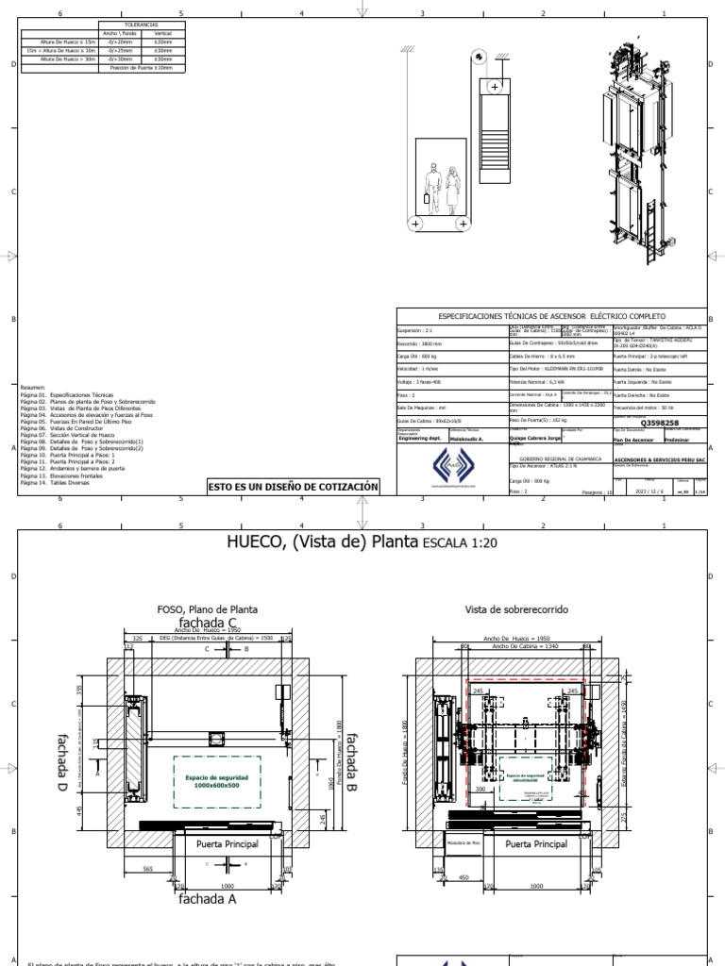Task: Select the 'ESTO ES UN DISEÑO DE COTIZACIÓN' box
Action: (294, 487)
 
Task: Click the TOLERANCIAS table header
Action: (141, 26)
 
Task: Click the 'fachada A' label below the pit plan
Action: (207, 899)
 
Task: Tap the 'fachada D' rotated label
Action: (63, 761)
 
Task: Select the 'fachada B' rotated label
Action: (350, 761)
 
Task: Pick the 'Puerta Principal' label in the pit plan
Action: (220, 841)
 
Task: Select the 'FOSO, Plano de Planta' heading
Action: (207, 609)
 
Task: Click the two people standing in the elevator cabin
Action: (442, 191)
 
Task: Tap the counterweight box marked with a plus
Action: (494, 87)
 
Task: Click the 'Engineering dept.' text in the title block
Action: (419, 439)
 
